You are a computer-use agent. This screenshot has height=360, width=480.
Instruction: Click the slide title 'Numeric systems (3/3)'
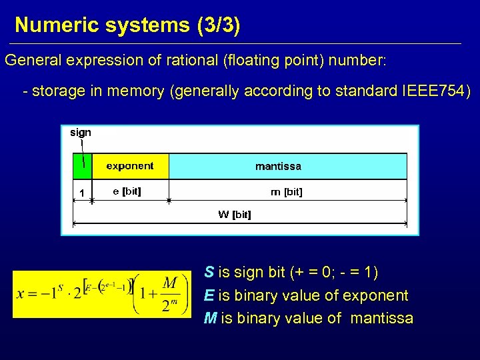(x=127, y=25)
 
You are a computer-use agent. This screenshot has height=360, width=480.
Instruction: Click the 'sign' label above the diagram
(x=81, y=133)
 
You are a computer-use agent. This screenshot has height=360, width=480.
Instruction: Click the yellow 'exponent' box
(x=129, y=166)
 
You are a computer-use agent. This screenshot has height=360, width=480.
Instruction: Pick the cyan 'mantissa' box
(x=287, y=166)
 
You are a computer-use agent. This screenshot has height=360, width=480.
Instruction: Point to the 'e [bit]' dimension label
(x=127, y=191)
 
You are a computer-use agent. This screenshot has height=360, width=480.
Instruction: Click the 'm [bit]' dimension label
(x=286, y=192)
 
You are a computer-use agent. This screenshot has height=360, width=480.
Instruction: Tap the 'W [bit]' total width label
(x=235, y=215)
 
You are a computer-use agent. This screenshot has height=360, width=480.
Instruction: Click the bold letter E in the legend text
(x=209, y=295)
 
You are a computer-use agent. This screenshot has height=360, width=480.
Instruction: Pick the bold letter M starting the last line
(x=210, y=318)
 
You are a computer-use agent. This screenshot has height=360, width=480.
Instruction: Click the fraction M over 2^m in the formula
(x=169, y=295)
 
